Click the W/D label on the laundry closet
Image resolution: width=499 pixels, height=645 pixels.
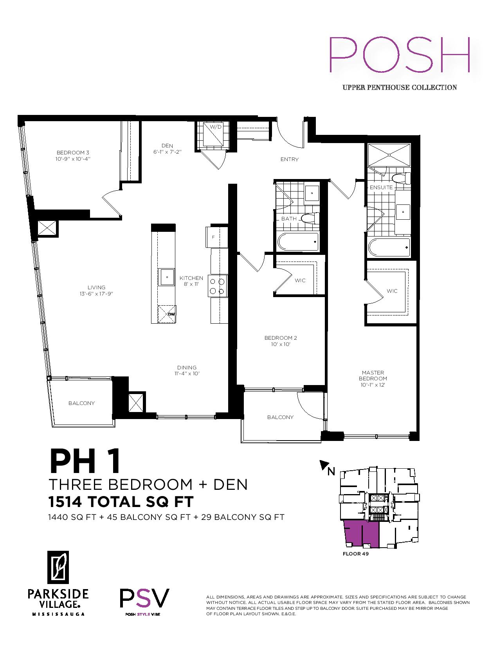click(216, 127)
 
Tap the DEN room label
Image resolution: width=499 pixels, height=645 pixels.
click(168, 146)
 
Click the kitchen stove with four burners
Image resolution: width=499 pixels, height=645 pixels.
click(217, 286)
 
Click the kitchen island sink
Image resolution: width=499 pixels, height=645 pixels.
click(168, 277)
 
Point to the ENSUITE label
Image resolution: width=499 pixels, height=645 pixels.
click(381, 188)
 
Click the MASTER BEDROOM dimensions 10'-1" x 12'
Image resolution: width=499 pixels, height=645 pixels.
click(373, 385)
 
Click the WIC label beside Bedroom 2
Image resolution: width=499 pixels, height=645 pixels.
click(300, 281)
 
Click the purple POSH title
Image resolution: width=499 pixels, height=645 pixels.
click(399, 55)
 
